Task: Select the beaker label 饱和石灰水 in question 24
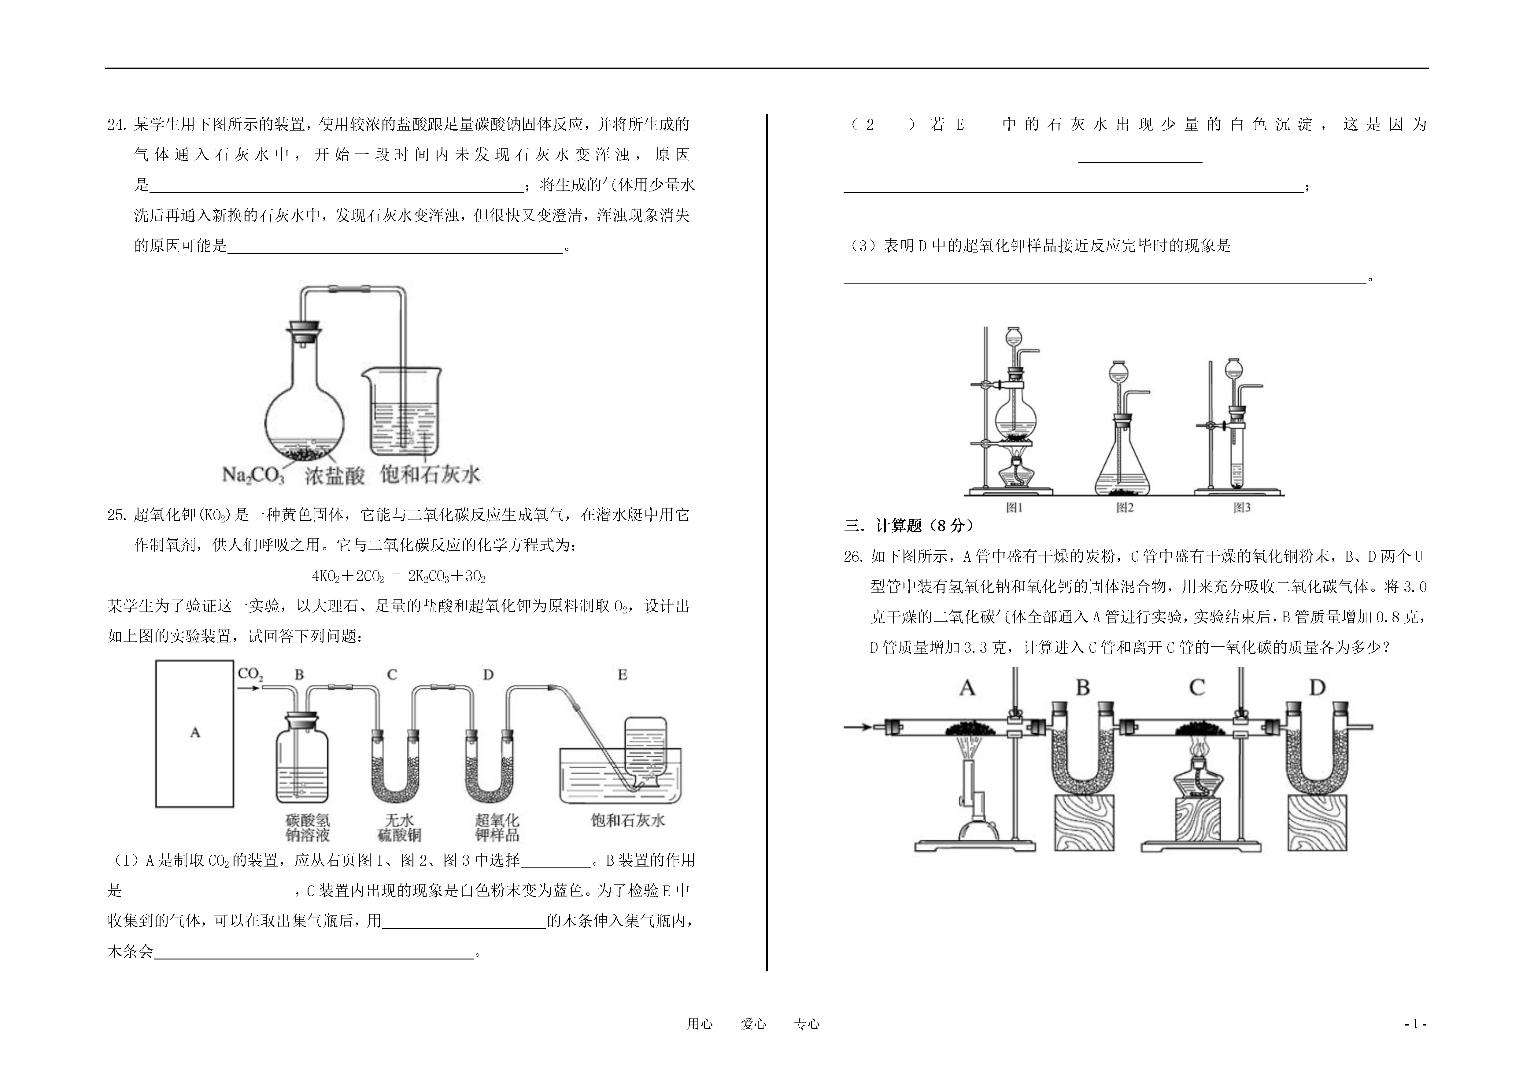pyautogui.click(x=430, y=474)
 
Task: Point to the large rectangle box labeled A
pyautogui.click(x=194, y=733)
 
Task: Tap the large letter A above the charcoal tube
pyautogui.click(x=967, y=687)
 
